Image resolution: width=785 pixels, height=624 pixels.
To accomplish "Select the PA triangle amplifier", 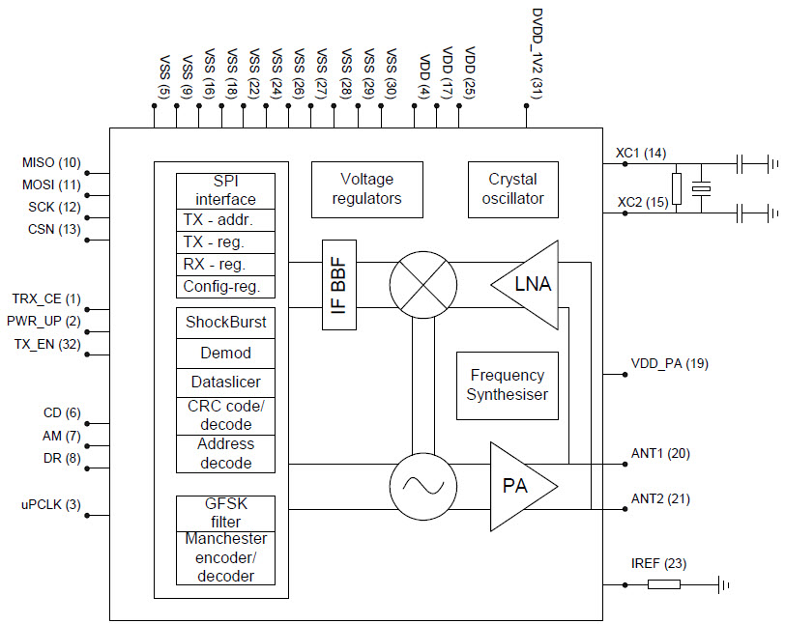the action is [x=520, y=486].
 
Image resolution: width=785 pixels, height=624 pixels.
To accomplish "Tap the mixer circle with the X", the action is [x=421, y=285].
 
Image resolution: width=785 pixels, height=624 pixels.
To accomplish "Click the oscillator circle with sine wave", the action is [x=421, y=487].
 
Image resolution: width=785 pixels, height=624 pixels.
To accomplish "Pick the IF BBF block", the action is [x=339, y=285].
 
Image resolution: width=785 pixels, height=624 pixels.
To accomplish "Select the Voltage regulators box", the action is [x=366, y=188].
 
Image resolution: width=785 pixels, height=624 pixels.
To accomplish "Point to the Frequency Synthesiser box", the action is [x=507, y=384].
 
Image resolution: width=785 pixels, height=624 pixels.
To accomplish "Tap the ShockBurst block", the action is [x=225, y=322].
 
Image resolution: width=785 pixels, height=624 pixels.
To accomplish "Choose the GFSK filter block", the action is [x=225, y=513].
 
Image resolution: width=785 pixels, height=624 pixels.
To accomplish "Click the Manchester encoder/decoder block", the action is [x=225, y=557].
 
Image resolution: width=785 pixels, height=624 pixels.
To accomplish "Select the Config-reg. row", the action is [x=225, y=287].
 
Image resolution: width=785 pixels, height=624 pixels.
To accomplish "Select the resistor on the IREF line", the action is [x=664, y=584].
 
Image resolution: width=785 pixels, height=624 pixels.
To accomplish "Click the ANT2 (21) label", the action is [x=659, y=498].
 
